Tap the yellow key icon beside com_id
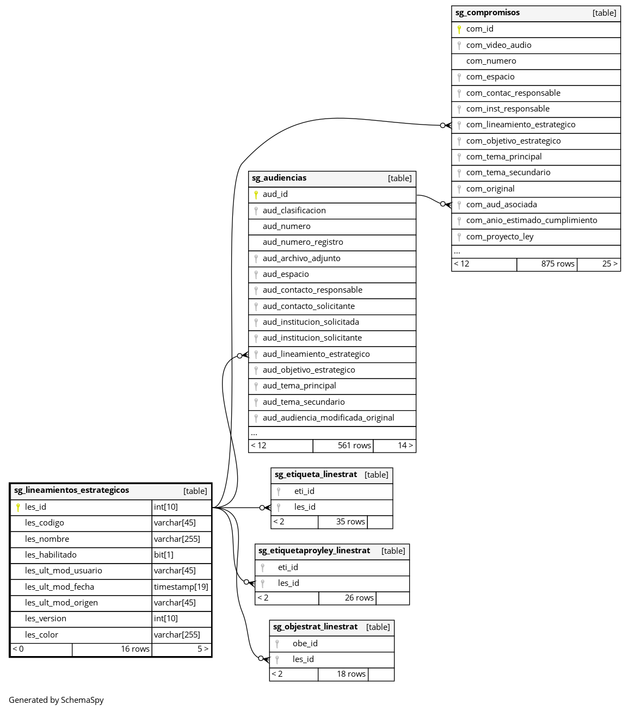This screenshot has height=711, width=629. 459,29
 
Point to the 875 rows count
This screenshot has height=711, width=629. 557,264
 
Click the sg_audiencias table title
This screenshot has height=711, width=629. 279,178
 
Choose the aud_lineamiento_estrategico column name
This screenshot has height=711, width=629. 316,354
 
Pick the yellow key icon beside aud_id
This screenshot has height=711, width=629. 256,195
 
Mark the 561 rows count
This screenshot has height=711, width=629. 354,446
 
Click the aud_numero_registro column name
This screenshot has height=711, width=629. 303,242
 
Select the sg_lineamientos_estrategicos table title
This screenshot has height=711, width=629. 72,491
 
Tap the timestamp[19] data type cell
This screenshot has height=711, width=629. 181,587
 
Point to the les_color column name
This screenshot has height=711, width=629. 41,635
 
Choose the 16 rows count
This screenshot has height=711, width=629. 135,649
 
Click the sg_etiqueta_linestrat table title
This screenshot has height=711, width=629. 316,475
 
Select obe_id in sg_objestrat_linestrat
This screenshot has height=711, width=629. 305,644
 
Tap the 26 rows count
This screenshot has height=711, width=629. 359,598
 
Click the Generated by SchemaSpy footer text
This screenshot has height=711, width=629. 56,700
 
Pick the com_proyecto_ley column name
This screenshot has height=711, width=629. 499,237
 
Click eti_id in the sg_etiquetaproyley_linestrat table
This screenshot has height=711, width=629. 288,567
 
